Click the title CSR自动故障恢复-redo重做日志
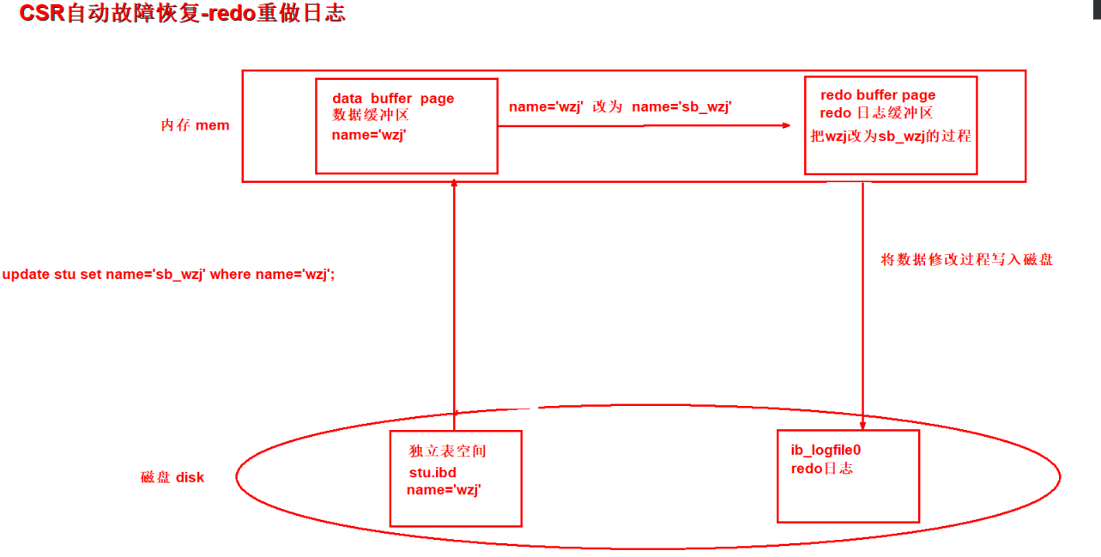(182, 14)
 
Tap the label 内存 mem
(195, 125)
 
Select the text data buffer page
(393, 99)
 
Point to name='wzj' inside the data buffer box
(368, 135)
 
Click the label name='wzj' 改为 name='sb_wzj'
(620, 106)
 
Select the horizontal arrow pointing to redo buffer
(644, 125)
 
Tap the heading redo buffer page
(878, 95)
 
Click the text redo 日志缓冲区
(876, 113)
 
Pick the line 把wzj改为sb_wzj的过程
(891, 136)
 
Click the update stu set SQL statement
(168, 275)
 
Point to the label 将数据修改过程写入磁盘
(966, 259)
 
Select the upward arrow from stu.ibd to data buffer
(454, 300)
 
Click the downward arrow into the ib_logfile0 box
(862, 300)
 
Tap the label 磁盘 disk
(172, 477)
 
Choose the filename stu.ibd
(433, 472)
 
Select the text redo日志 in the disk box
(821, 469)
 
